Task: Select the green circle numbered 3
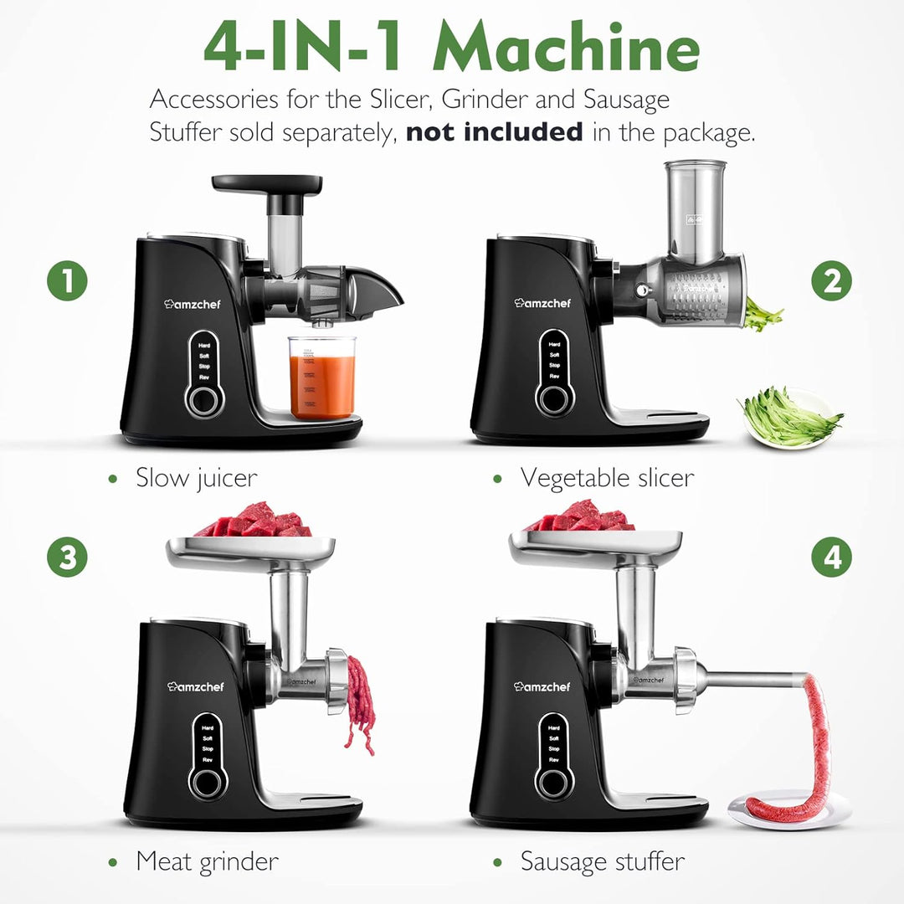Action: (67, 557)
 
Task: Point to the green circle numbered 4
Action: (831, 557)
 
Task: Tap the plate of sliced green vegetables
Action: (790, 419)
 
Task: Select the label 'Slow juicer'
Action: (196, 478)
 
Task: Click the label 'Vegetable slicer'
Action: (607, 478)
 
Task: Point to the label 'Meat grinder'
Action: (207, 860)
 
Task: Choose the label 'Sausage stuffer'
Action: (602, 860)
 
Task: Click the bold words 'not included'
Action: (495, 131)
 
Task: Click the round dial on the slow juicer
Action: (205, 401)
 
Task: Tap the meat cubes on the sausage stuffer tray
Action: (580, 516)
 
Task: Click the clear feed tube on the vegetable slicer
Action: (696, 209)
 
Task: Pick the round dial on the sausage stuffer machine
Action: (554, 783)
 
